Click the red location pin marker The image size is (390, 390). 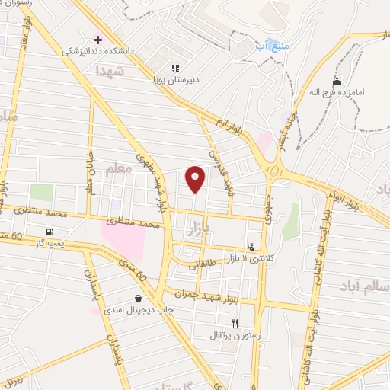pos(196,177)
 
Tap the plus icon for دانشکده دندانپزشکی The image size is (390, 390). pos(97,39)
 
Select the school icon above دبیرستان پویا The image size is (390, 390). pos(175,67)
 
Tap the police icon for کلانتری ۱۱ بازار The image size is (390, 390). pos(251,246)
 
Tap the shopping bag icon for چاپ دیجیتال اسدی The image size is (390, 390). pos(137,298)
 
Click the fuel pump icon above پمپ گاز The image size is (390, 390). pos(50,232)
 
